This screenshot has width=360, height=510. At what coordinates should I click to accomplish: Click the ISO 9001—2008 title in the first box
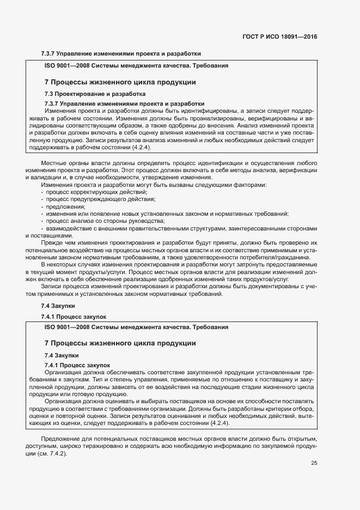(136, 65)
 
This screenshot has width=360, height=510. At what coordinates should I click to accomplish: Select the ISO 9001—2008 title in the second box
(136, 327)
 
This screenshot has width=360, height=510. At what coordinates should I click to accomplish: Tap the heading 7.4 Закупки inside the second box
(59, 355)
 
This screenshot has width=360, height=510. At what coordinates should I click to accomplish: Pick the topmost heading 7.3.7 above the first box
(121, 53)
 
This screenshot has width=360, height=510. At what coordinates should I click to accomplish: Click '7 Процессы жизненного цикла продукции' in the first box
(119, 82)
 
